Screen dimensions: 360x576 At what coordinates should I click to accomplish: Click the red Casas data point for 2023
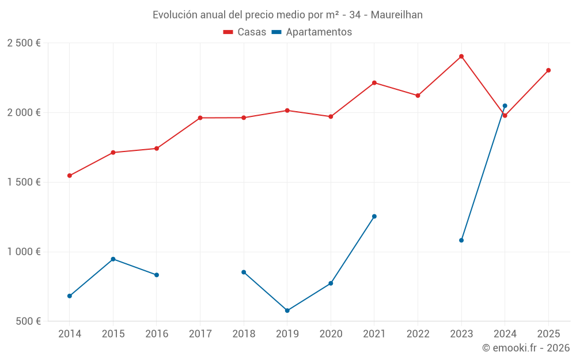point(461,56)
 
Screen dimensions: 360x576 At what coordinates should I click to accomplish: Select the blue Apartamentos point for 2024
point(505,106)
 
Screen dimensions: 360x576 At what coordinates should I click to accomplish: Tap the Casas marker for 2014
point(70,176)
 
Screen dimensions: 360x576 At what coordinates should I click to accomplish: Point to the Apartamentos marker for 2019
point(287,310)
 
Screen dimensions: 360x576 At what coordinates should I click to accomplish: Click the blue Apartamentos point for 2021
point(374,217)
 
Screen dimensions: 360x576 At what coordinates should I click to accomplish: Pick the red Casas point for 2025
point(548,70)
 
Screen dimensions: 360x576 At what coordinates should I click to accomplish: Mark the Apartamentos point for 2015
point(113,259)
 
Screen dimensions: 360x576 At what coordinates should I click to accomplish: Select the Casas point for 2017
point(200,118)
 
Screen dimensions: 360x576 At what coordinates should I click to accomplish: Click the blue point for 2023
point(461,240)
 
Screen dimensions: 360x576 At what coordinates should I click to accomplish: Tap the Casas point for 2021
point(374,83)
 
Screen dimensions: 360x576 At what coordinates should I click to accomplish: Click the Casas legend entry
point(245,32)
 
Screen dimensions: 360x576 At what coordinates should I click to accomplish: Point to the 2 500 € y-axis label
point(24,43)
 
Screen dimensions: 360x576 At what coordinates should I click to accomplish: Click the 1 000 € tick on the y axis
point(24,252)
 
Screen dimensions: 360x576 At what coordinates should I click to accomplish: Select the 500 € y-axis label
point(27,321)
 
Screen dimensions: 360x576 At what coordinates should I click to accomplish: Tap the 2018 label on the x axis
point(244,334)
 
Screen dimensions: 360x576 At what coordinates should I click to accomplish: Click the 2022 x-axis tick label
point(418,334)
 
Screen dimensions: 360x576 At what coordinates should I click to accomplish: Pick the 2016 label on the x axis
point(157,334)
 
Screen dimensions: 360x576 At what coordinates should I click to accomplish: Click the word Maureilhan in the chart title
point(396,15)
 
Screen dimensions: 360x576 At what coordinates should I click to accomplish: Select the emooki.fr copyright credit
point(525,348)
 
